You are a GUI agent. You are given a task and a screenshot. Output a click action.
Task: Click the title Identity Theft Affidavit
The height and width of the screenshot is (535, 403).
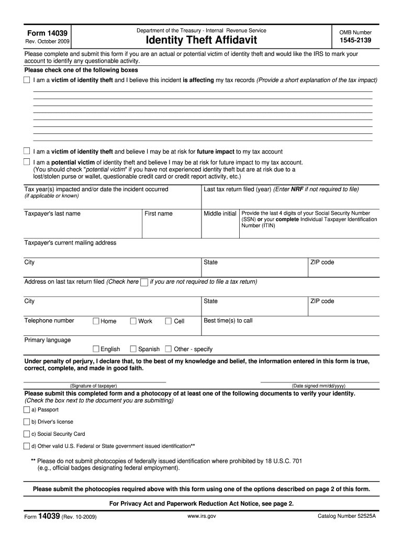201,40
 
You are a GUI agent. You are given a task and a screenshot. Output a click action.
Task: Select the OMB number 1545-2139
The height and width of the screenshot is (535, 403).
355,40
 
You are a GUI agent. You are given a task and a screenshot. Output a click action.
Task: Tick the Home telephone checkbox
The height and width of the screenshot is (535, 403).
96,321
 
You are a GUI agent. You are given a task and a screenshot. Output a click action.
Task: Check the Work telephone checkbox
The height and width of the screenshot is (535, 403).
133,321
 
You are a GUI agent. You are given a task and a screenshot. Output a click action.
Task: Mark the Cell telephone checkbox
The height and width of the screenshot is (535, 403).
169,321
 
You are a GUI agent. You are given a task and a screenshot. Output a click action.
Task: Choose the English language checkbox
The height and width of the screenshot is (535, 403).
96,348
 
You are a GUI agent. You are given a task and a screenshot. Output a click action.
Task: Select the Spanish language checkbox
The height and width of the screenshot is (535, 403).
133,348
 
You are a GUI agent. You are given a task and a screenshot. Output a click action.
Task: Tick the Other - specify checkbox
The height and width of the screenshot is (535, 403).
169,348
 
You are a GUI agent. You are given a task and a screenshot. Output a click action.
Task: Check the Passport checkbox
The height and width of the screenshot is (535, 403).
27,410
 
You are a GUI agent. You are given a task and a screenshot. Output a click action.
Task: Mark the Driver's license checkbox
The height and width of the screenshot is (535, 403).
27,422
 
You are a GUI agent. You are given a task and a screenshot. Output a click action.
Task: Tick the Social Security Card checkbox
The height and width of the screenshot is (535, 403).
27,434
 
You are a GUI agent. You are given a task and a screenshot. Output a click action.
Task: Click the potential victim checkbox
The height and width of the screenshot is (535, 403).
27,162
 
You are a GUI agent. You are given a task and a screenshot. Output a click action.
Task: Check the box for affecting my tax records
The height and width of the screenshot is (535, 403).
27,80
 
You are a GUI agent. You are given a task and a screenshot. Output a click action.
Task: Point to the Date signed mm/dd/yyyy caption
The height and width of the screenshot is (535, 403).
318,386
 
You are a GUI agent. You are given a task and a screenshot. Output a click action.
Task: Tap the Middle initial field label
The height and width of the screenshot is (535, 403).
220,214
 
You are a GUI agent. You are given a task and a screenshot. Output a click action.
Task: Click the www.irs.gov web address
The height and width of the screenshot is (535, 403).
201,516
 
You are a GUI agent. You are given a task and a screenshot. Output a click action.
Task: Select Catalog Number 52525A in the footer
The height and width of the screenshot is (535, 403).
347,516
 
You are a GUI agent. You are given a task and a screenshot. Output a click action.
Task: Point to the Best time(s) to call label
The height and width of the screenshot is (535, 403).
228,320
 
